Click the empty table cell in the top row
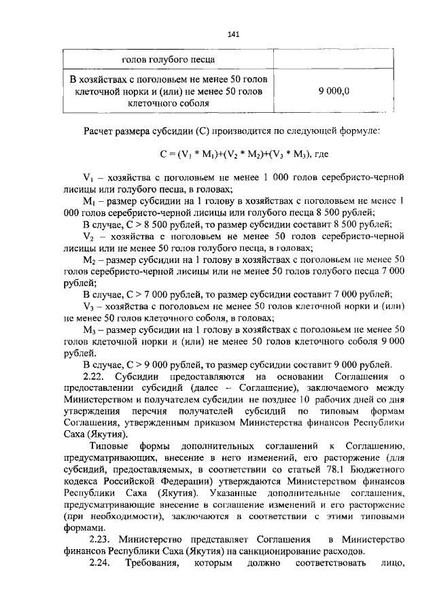tap(329, 60)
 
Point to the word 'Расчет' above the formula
tap(99, 129)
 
